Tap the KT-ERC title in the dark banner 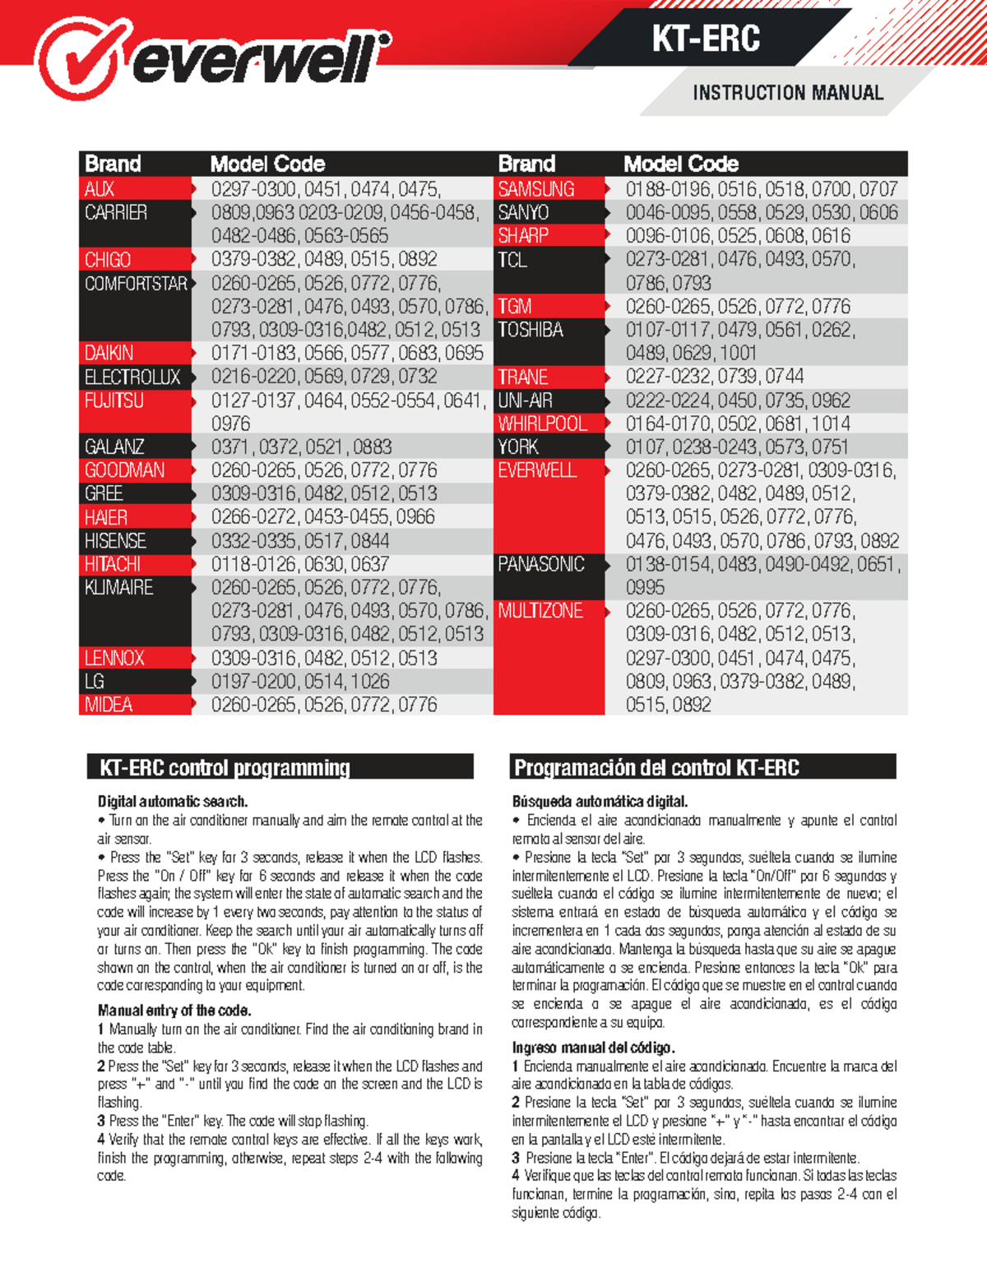pos(706,39)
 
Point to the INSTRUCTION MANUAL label pos(787,93)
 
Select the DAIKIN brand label pos(109,353)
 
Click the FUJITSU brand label pos(114,400)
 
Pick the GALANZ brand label pos(114,446)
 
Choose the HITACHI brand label pos(113,564)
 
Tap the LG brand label pos(95,681)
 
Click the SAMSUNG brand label pos(536,189)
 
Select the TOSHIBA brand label pos(531,330)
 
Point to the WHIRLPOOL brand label pos(542,423)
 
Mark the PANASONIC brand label pos(541,564)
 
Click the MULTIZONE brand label pos(540,611)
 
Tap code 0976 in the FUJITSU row pos(231,423)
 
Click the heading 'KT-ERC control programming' pos(225,768)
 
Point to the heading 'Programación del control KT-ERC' pos(656,768)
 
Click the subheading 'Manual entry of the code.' pos(174,1010)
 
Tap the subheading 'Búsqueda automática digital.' pos(600,801)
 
